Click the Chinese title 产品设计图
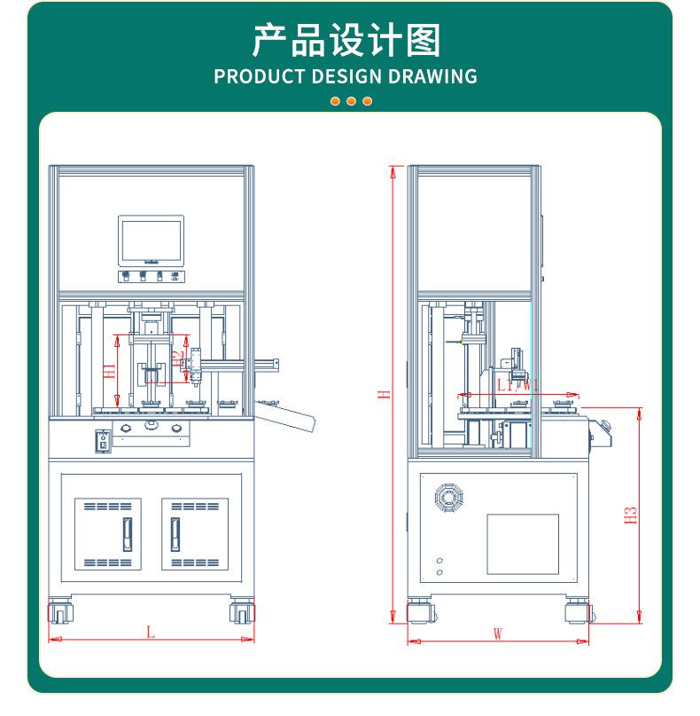tap(346, 41)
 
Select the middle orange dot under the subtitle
tap(351, 101)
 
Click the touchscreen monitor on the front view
tap(151, 240)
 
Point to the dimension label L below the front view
tap(151, 633)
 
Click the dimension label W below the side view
tap(498, 634)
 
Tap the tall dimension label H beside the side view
tap(385, 393)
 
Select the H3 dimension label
tap(631, 515)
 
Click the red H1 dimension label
tap(110, 372)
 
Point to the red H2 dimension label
tap(177, 358)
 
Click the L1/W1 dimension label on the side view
tap(517, 385)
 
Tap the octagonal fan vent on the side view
tap(450, 497)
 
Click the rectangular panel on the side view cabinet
tap(523, 544)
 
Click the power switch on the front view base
tap(103, 440)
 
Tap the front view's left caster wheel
tap(60, 612)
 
